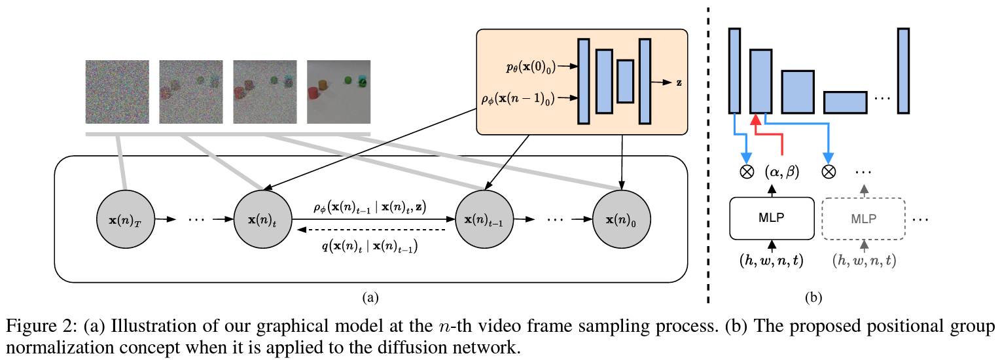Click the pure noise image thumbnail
(x=117, y=92)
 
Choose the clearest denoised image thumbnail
(x=338, y=92)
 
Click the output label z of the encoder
(x=679, y=83)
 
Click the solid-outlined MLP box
(x=771, y=218)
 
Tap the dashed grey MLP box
(x=863, y=218)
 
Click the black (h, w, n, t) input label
(x=772, y=260)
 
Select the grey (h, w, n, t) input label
(x=864, y=260)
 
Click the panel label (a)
(x=370, y=298)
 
